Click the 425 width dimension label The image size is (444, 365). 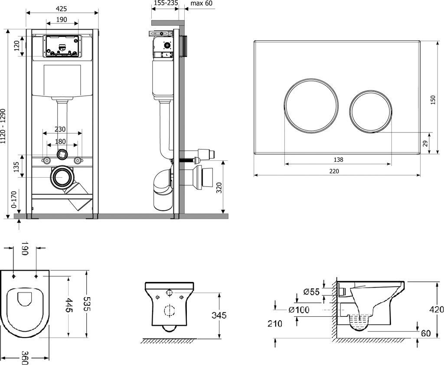[62, 9]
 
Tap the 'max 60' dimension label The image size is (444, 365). [201, 3]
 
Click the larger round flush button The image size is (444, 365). [311, 105]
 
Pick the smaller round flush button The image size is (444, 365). [371, 111]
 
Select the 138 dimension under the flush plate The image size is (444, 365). [338, 160]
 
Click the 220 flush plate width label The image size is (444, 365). [334, 171]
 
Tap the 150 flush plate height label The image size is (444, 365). [433, 100]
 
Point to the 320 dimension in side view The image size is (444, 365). [219, 188]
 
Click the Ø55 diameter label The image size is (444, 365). [311, 292]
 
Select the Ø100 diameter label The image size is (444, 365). [299, 309]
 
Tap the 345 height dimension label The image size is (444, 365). [219, 315]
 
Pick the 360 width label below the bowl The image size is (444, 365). [25, 357]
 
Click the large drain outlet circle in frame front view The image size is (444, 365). [62, 177]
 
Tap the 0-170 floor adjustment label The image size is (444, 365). [14, 199]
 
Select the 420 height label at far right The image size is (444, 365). [436, 309]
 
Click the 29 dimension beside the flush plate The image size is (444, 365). [425, 144]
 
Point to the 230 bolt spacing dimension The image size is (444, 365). [60, 129]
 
